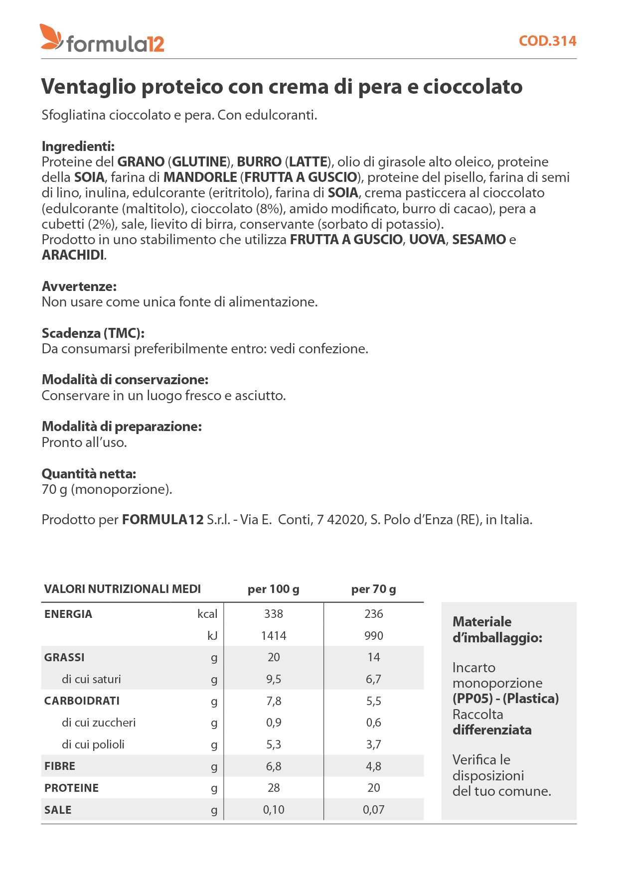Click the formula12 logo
[x=102, y=38]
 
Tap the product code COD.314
[x=547, y=41]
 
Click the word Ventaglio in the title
[x=89, y=87]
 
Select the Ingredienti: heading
[x=78, y=147]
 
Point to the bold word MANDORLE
[x=200, y=177]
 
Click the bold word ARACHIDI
[x=73, y=255]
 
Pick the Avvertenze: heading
[x=79, y=287]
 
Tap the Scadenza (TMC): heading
[x=93, y=333]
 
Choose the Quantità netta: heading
[x=89, y=473]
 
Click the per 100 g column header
[x=273, y=589]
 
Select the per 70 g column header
[x=373, y=589]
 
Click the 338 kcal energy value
[x=274, y=614]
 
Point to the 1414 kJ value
[x=274, y=636]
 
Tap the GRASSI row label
[x=64, y=657]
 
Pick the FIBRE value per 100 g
[x=274, y=766]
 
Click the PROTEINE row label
[x=71, y=788]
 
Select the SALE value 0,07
[x=373, y=810]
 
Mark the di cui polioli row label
[x=93, y=744]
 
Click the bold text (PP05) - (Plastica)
[x=505, y=699]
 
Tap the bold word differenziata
[x=492, y=730]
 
